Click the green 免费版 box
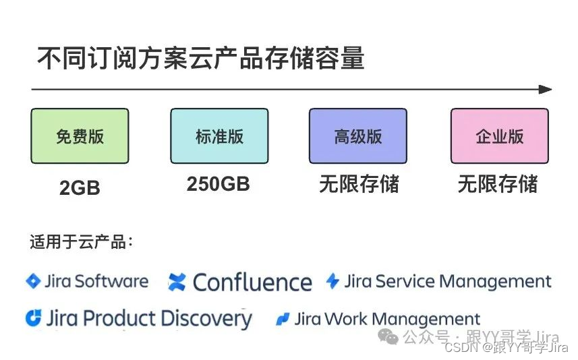[80, 136]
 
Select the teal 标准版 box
[219, 136]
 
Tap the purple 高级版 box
[358, 136]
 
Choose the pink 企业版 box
[499, 136]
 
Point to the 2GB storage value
[80, 188]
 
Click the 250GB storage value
[218, 184]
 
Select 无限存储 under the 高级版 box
[359, 184]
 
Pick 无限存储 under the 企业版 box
[498, 184]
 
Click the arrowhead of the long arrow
[546, 89]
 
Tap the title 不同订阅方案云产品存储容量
[200, 59]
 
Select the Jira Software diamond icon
[33, 281]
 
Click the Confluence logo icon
[177, 282]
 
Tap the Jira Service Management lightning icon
[333, 281]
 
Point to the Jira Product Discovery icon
[33, 318]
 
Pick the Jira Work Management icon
[283, 319]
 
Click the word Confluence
[252, 282]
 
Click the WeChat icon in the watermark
[388, 335]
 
